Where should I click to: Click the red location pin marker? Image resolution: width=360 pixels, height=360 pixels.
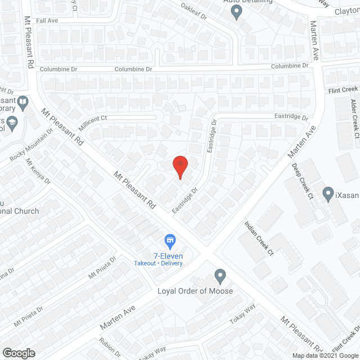pyautogui.click(x=179, y=166)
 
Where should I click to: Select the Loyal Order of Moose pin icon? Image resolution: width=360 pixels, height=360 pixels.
pyautogui.click(x=220, y=276)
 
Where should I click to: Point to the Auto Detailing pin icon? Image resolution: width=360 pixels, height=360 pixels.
pyautogui.click(x=236, y=11)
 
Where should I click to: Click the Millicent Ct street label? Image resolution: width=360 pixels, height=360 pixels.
pyautogui.click(x=92, y=119)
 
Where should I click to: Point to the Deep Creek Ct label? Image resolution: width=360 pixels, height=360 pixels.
pyautogui.click(x=301, y=181)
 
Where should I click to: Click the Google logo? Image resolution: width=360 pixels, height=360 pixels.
pyautogui.click(x=18, y=353)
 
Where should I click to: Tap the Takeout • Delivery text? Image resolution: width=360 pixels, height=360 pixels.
pyautogui.click(x=158, y=263)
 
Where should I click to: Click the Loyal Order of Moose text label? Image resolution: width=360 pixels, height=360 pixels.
pyautogui.click(x=195, y=291)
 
